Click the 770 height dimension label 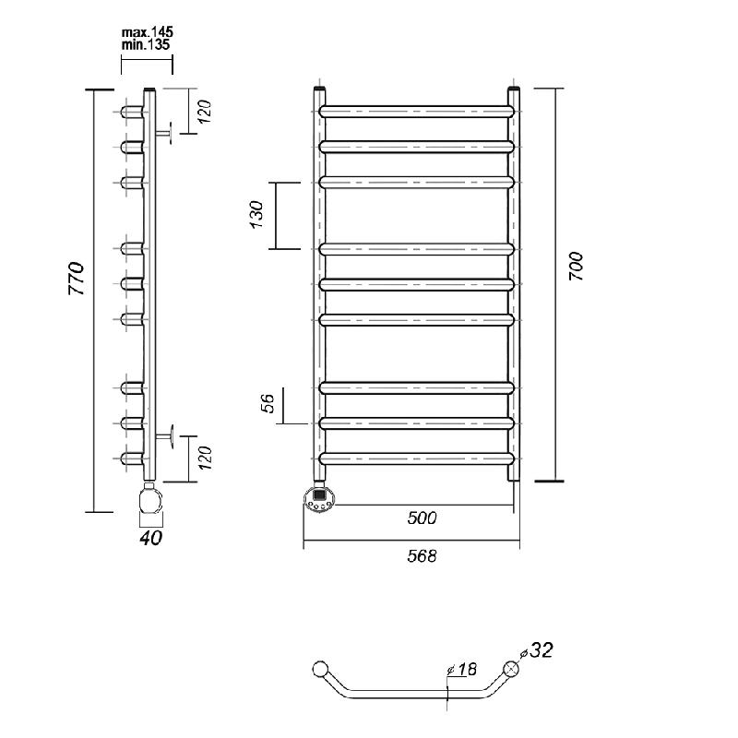coord(77,279)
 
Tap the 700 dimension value coord(576,267)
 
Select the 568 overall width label coord(422,556)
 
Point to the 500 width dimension coord(422,518)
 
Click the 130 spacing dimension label coord(256,215)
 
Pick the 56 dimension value coord(268,403)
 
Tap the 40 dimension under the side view coord(150,538)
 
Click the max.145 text coord(148,32)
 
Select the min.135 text coord(146,44)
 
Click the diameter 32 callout coord(536,651)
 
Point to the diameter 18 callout coord(462,670)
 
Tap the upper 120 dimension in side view coord(205,112)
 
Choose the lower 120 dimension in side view coord(205,458)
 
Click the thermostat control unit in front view coord(320,500)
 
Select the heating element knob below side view coord(150,500)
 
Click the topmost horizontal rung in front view coord(417,112)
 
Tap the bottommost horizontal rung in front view coord(417,458)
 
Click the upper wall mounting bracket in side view coord(163,133)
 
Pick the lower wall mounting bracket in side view coord(164,436)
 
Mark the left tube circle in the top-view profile coord(320,669)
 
